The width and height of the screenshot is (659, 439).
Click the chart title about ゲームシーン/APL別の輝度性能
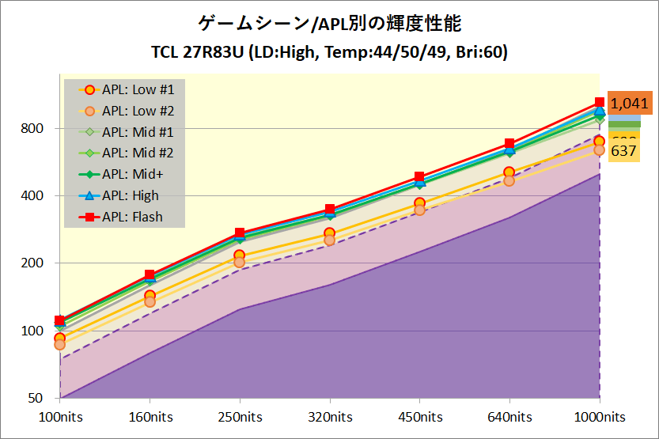(x=329, y=23)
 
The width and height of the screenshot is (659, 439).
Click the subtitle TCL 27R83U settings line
(x=329, y=53)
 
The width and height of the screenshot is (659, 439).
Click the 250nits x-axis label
(x=240, y=417)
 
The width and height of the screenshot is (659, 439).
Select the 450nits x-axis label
(x=419, y=417)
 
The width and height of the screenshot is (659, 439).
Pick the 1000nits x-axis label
(x=599, y=417)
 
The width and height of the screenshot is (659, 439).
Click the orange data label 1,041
(x=629, y=103)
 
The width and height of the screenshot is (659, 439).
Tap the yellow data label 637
(x=624, y=150)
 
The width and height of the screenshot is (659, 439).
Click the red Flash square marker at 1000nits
(x=599, y=103)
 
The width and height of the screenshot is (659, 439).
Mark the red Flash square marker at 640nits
(x=509, y=144)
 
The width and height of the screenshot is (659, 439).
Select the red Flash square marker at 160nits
(x=150, y=275)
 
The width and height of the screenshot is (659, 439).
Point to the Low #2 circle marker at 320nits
(x=330, y=240)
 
